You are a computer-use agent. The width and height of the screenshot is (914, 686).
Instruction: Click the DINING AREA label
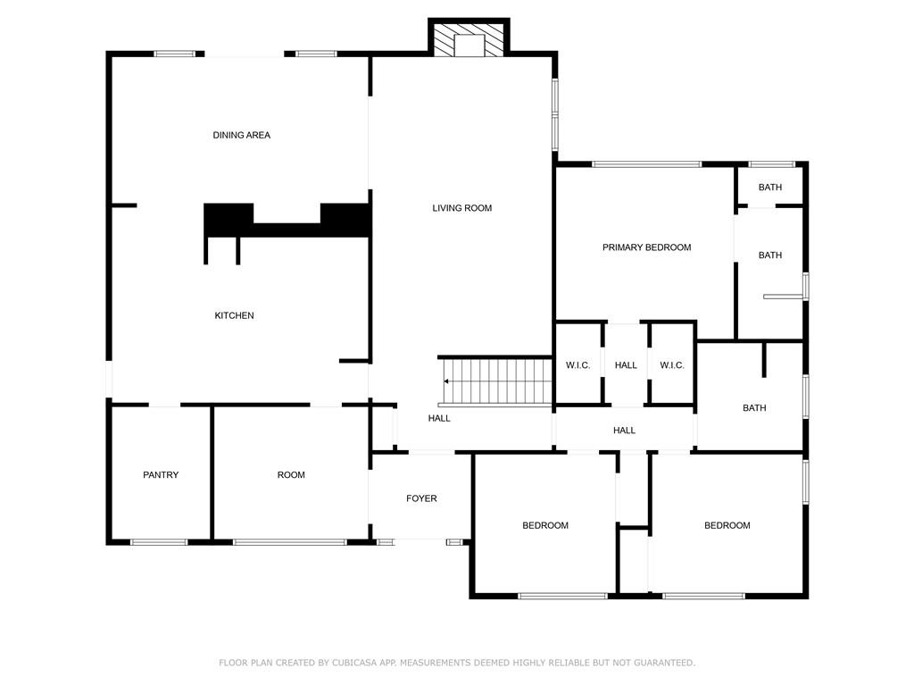pyautogui.click(x=241, y=136)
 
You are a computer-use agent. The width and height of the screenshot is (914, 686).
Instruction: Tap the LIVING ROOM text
pyautogui.click(x=461, y=208)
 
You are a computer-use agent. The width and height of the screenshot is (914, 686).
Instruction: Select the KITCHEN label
pyautogui.click(x=235, y=315)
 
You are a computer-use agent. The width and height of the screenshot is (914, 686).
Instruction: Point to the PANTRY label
pyautogui.click(x=161, y=475)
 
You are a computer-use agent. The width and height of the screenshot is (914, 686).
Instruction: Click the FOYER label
pyautogui.click(x=421, y=498)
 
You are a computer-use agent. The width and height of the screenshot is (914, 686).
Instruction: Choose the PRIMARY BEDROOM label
pyautogui.click(x=646, y=247)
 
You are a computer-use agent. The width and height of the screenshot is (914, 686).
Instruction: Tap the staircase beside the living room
pyautogui.click(x=494, y=381)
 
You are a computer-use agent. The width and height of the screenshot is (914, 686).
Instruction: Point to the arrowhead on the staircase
pyautogui.click(x=446, y=381)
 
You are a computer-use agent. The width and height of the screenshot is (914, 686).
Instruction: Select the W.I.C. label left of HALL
pyautogui.click(x=577, y=365)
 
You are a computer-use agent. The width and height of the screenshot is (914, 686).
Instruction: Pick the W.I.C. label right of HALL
pyautogui.click(x=671, y=365)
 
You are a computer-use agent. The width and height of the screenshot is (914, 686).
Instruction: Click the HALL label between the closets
pyautogui.click(x=626, y=365)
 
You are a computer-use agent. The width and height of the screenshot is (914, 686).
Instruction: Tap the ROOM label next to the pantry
pyautogui.click(x=291, y=475)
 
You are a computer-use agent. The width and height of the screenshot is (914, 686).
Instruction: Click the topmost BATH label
pyautogui.click(x=770, y=188)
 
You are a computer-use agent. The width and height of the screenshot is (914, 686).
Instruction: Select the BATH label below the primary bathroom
pyautogui.click(x=754, y=407)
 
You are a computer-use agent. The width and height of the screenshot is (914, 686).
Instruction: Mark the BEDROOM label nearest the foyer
pyautogui.click(x=545, y=525)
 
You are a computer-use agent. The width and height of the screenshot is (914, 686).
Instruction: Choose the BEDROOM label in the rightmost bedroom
pyautogui.click(x=727, y=525)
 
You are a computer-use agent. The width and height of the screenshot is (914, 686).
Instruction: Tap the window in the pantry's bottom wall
pyautogui.click(x=159, y=542)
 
